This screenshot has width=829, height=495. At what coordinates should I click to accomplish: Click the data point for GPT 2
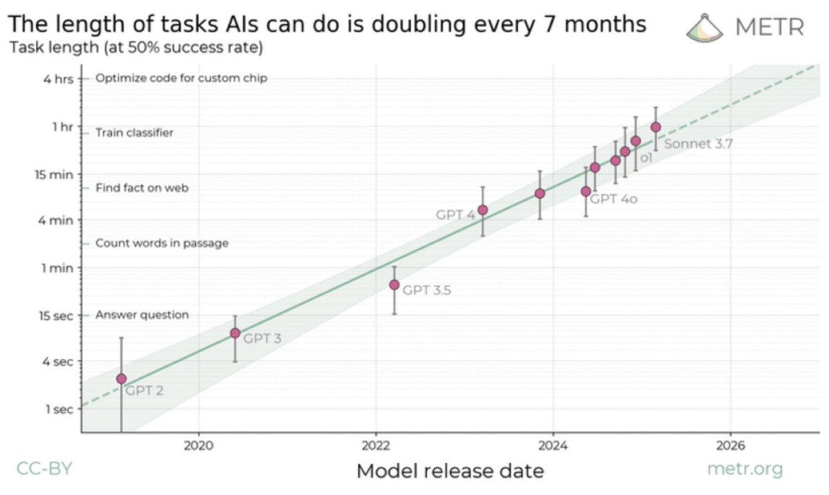[x=122, y=378]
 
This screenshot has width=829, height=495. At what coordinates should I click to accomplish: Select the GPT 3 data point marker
[x=235, y=333]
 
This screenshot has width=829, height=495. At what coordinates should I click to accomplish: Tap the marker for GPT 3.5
[x=394, y=284]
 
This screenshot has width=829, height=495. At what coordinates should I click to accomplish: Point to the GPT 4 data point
[x=483, y=210]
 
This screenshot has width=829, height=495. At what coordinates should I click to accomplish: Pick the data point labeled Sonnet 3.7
[x=656, y=127]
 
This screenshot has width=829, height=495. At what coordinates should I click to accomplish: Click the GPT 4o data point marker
[x=586, y=191]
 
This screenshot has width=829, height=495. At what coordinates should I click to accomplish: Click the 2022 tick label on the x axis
[x=377, y=445]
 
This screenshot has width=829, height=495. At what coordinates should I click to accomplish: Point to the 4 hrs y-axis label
[x=58, y=78]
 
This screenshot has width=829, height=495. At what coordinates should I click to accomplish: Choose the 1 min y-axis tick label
[x=58, y=267]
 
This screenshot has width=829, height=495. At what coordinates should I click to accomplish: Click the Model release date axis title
[x=450, y=471]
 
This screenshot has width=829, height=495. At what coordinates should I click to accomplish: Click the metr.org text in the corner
[x=745, y=469]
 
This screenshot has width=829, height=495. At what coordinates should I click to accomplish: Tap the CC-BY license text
[x=44, y=469]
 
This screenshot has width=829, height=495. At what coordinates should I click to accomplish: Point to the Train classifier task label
[x=134, y=133]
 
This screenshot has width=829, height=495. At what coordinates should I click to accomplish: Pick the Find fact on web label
[x=142, y=187]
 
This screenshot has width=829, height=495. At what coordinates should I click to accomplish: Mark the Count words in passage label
[x=162, y=243]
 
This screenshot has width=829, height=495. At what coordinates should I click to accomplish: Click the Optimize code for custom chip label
[x=181, y=78]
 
